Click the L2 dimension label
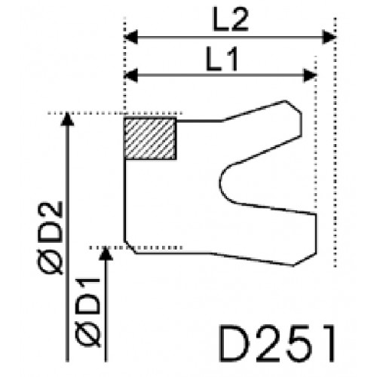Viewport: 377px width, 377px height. pos(231,19)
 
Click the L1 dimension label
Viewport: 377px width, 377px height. pos(222,60)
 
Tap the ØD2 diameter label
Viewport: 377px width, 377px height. pos(50,238)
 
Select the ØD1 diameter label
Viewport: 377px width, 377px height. pos(88,312)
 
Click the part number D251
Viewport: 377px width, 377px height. pos(277,343)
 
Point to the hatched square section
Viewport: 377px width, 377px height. pos(150,139)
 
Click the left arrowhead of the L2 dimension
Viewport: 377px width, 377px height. pos(131,37)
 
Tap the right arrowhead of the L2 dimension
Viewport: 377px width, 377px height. pos(329,37)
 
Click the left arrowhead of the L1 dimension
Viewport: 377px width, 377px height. pos(131,75)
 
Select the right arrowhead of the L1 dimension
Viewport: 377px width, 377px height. pos(310,75)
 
